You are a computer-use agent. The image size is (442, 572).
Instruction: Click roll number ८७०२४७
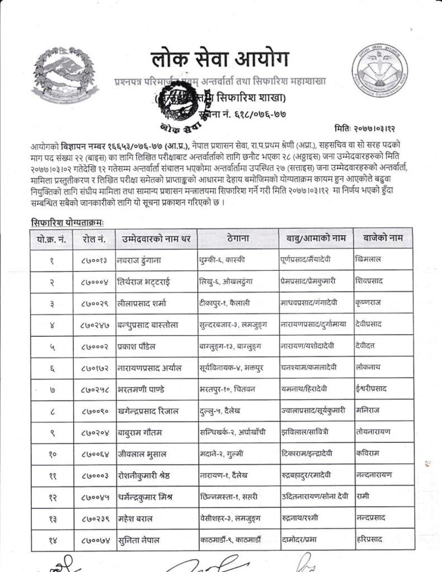pyautogui.click(x=92, y=324)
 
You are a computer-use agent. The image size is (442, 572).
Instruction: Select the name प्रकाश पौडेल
pyautogui.click(x=139, y=345)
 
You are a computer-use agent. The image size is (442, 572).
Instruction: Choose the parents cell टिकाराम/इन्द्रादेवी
pyautogui.click(x=309, y=453)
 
